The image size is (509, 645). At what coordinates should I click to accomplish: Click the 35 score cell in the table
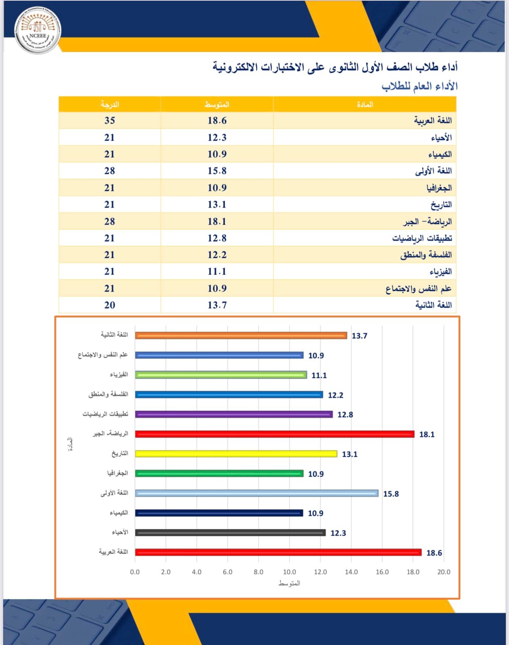pyautogui.click(x=110, y=120)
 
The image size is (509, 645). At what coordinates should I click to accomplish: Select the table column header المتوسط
pyautogui.click(x=217, y=105)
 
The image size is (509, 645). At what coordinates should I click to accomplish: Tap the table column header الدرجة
pyautogui.click(x=110, y=105)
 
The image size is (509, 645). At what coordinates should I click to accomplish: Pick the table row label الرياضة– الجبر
pyautogui.click(x=427, y=221)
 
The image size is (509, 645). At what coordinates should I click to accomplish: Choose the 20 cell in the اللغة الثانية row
pyautogui.click(x=110, y=305)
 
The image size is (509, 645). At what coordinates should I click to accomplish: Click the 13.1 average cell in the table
pyautogui.click(x=217, y=204)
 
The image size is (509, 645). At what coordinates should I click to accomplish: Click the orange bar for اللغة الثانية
pyautogui.click(x=241, y=336)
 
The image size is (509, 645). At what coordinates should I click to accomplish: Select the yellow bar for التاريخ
pyautogui.click(x=236, y=454)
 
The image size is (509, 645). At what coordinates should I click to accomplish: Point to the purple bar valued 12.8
pyautogui.click(x=233, y=414)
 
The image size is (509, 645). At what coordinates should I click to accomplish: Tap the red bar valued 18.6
pyautogui.click(x=278, y=552)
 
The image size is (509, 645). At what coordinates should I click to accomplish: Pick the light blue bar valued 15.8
pyautogui.click(x=256, y=493)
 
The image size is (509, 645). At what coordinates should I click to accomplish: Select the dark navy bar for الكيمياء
pyautogui.click(x=219, y=513)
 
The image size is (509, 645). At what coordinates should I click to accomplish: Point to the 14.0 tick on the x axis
pyautogui.click(x=351, y=572)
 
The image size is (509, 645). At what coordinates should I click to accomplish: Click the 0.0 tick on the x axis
pyautogui.click(x=135, y=572)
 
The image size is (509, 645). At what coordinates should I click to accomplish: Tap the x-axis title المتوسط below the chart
pyautogui.click(x=289, y=584)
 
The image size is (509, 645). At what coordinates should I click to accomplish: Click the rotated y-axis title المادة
pyautogui.click(x=70, y=444)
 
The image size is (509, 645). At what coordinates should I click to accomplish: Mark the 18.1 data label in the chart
pyautogui.click(x=427, y=435)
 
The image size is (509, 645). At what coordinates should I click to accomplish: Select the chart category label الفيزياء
pyautogui.click(x=119, y=375)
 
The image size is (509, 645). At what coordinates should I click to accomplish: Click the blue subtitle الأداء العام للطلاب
pyautogui.click(x=419, y=86)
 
